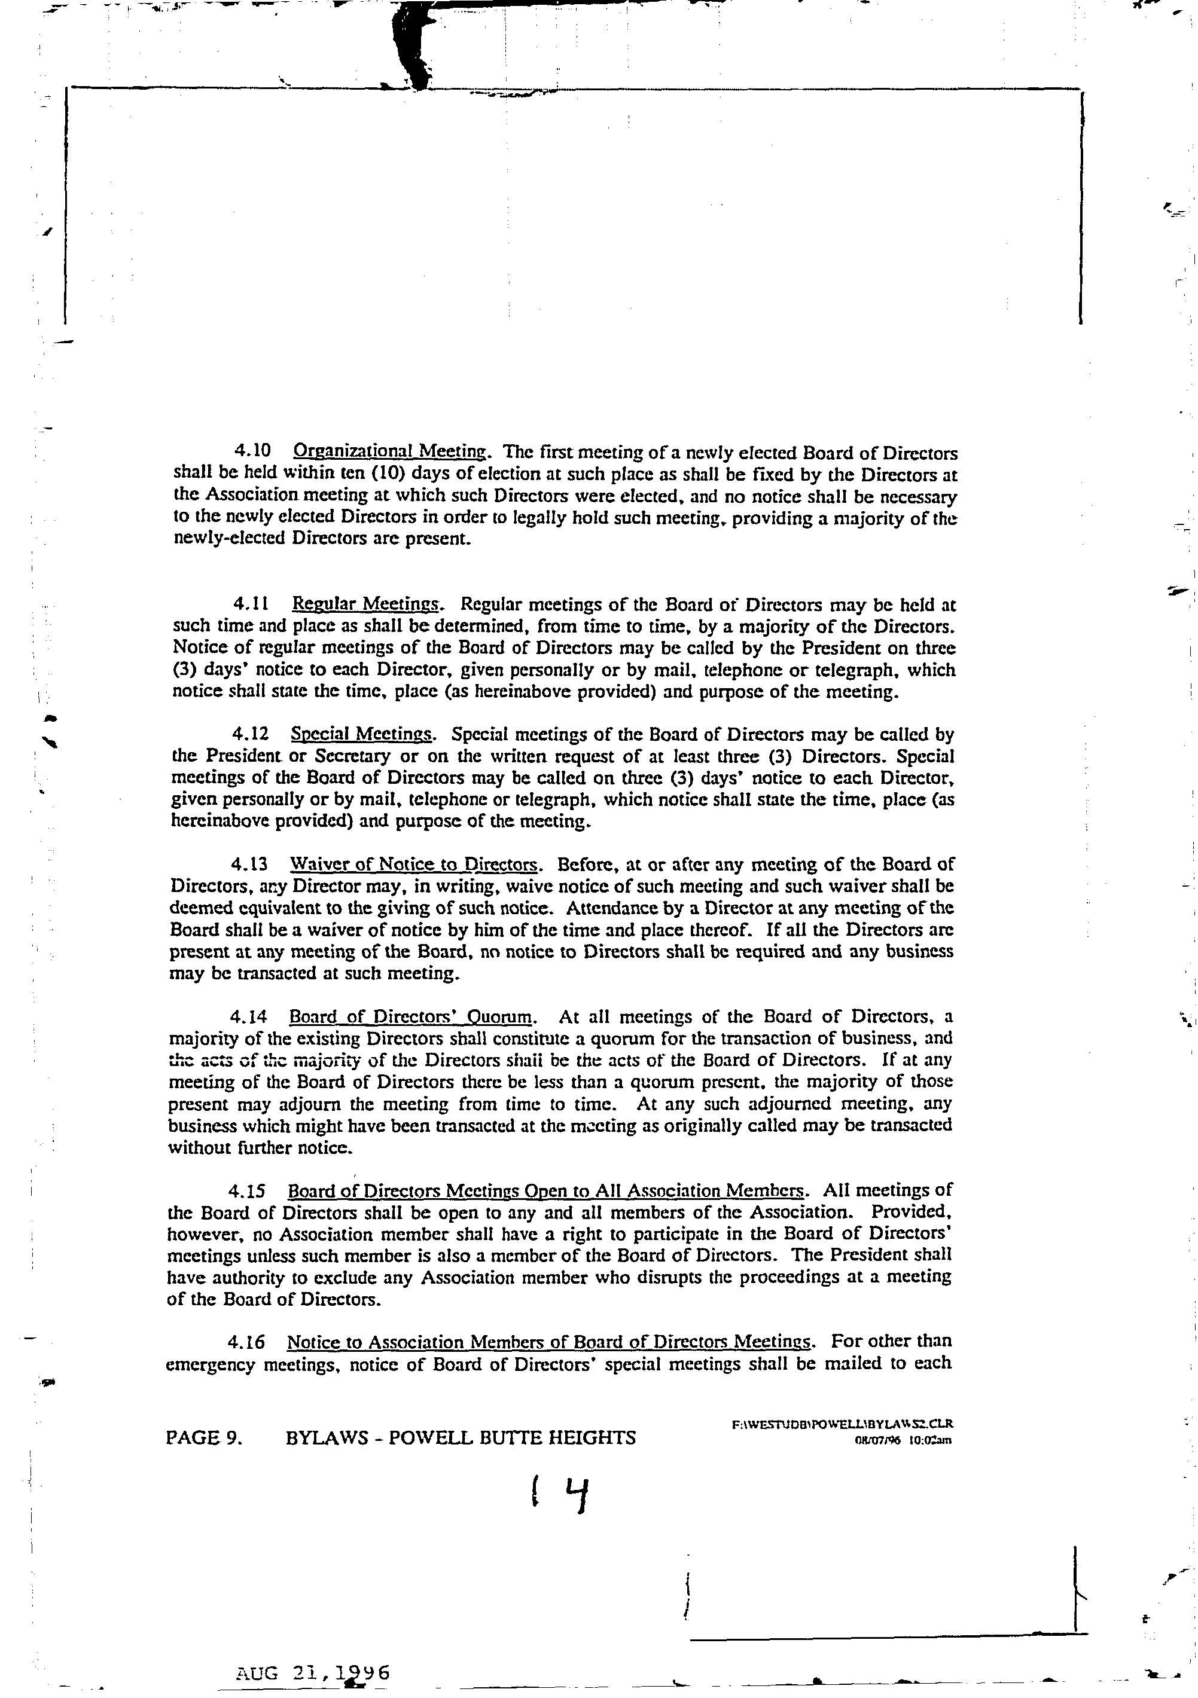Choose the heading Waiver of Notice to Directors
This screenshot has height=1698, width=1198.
414,864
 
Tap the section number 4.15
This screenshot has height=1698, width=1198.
247,1190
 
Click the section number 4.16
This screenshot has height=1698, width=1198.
247,1342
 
